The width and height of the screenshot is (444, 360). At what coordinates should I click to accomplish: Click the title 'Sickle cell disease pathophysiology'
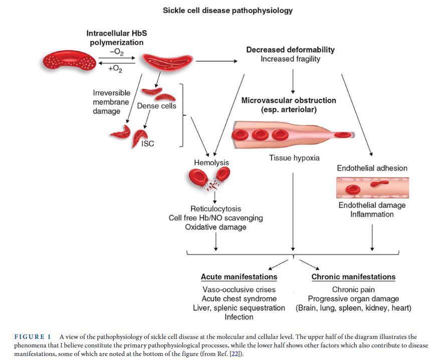(228, 11)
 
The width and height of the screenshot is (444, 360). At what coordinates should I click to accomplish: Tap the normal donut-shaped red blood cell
(69, 60)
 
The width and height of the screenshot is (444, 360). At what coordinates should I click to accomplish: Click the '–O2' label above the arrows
(116, 53)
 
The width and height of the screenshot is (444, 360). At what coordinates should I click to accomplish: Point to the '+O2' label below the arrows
(115, 69)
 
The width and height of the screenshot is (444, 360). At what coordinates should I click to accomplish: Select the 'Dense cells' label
(156, 106)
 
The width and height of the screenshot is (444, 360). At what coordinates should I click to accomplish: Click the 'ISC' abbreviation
(148, 143)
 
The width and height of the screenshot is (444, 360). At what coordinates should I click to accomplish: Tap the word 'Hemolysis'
(211, 162)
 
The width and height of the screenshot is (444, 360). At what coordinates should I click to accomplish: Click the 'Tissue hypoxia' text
(294, 158)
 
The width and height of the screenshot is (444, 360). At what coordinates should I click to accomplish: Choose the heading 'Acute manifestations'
(239, 277)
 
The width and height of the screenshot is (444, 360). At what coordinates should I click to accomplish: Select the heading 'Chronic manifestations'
(353, 277)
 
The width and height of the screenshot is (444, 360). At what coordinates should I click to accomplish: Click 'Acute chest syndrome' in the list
(239, 298)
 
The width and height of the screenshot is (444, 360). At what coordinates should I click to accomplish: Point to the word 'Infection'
(239, 317)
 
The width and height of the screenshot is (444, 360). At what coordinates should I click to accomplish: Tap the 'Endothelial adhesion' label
(372, 168)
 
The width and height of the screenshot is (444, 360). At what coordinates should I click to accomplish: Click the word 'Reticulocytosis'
(216, 209)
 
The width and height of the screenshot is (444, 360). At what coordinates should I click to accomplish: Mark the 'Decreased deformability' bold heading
(291, 50)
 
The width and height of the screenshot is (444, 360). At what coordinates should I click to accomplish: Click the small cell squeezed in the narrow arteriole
(343, 135)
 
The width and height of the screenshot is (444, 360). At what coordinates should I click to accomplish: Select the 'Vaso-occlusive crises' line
(239, 289)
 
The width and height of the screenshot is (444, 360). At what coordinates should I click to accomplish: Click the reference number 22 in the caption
(235, 354)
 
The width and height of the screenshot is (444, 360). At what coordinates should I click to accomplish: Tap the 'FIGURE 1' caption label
(33, 337)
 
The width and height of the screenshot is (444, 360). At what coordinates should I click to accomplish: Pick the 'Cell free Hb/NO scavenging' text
(216, 218)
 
